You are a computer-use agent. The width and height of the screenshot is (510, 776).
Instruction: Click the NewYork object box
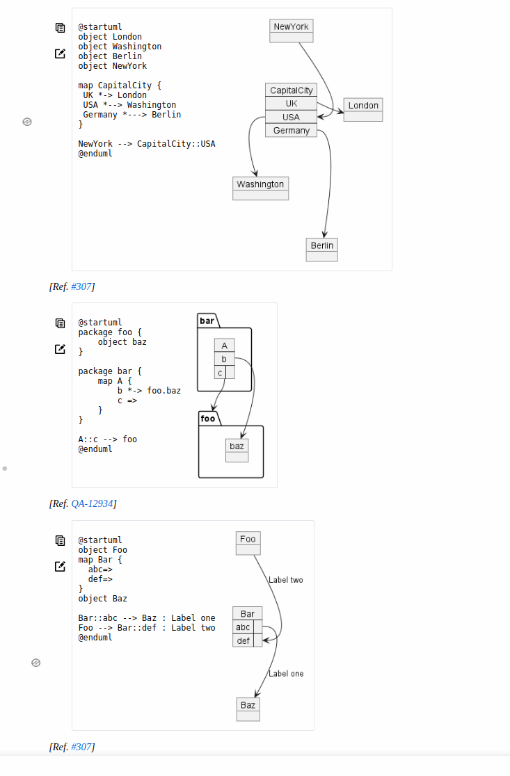coord(292,31)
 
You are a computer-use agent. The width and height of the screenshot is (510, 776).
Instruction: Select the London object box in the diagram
coord(363,109)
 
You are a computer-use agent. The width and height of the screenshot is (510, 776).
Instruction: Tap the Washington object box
coord(260,188)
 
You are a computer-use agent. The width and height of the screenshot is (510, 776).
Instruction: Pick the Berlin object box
coord(321,249)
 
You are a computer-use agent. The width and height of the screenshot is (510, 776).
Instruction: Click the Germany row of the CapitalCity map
coord(291,130)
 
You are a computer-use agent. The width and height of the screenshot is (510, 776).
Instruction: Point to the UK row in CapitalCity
coord(291,104)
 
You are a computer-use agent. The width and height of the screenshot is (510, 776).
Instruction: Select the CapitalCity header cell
coord(291,90)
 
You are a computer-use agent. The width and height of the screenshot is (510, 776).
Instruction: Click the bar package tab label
coord(207,321)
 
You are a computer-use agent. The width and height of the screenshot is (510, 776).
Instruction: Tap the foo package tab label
coord(208,419)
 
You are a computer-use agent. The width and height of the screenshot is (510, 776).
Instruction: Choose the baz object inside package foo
coord(237,450)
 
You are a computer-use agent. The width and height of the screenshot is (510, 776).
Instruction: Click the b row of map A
coord(224,359)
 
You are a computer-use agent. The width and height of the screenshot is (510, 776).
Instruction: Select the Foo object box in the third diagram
coord(248,543)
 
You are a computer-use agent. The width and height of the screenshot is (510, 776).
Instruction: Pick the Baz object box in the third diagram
coord(248,709)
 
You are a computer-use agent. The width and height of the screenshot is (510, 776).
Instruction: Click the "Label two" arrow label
coord(285,580)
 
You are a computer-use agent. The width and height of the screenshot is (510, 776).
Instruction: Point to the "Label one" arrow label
coord(286,674)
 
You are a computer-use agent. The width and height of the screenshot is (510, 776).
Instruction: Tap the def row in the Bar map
coord(243,640)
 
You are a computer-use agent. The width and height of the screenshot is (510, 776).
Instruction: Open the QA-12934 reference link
coord(93,503)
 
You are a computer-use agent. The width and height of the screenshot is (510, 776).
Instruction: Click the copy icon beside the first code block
coord(61,28)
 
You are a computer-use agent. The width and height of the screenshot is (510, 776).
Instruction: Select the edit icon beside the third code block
coord(61,566)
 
